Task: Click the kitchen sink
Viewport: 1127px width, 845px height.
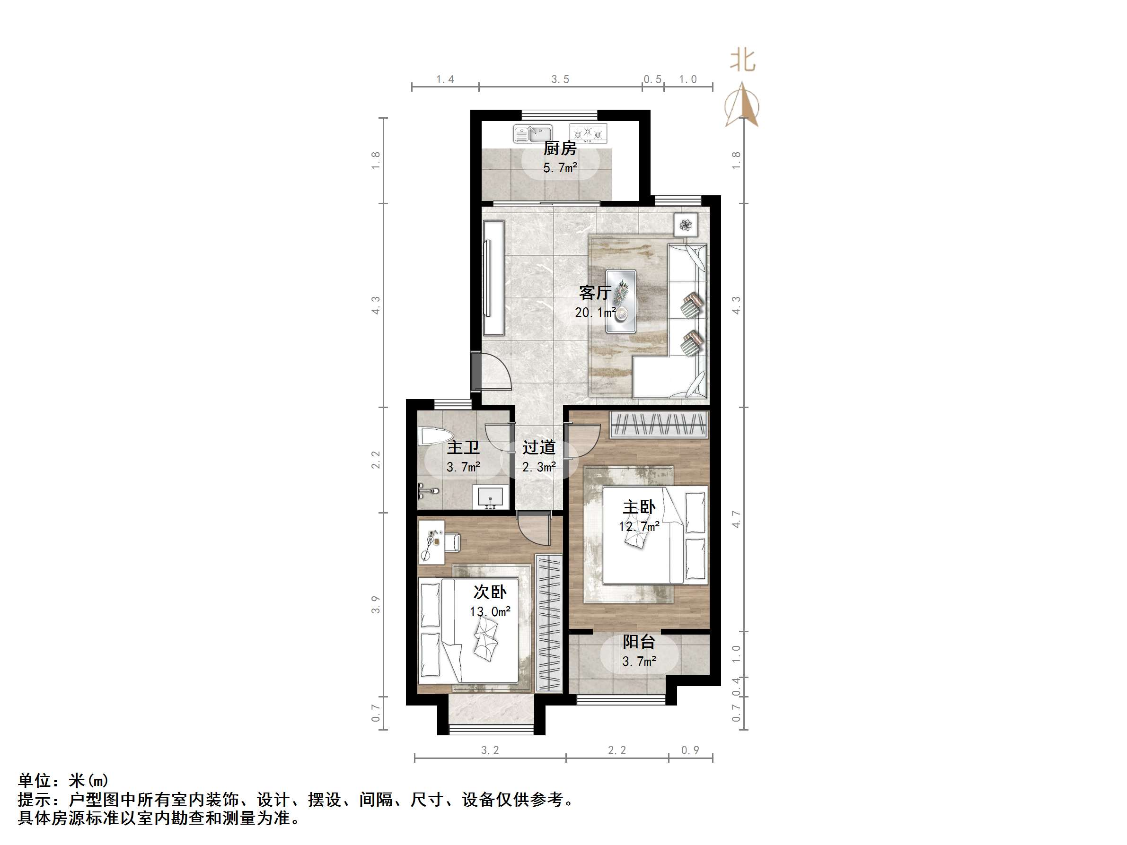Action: tap(532, 134)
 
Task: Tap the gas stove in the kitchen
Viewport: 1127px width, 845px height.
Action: tap(588, 133)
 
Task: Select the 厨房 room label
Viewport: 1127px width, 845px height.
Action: tap(560, 148)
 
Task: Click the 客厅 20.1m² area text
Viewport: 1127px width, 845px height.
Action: tap(596, 312)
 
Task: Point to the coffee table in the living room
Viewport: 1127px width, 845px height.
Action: tap(621, 302)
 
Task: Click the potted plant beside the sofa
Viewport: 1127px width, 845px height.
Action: tap(686, 225)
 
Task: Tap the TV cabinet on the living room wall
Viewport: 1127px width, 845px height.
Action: tap(493, 278)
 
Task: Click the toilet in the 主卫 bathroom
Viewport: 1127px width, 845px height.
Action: tap(433, 436)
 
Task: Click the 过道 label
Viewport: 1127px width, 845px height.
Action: tap(538, 447)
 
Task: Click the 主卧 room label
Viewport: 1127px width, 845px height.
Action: tap(639, 507)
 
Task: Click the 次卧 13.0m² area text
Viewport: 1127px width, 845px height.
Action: tap(490, 611)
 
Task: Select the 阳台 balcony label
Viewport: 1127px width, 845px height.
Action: tap(638, 642)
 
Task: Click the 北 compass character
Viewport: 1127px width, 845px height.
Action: tap(742, 61)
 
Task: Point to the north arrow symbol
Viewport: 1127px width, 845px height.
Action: tap(743, 105)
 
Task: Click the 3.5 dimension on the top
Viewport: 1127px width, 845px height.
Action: tap(560, 79)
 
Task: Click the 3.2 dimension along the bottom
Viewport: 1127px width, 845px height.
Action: tap(490, 750)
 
